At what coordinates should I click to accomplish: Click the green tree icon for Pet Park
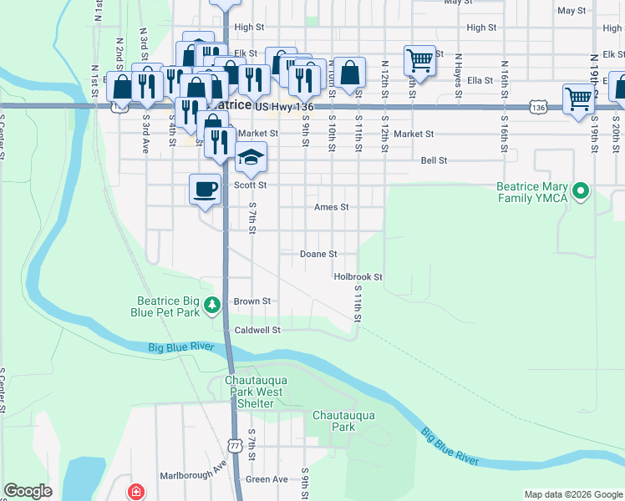click(x=214, y=305)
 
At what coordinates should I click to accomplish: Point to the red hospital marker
click(x=135, y=492)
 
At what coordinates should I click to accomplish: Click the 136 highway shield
click(x=538, y=108)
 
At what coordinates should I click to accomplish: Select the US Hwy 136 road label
click(x=284, y=107)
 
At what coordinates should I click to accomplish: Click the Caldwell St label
click(x=257, y=330)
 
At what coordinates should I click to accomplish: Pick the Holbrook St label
click(x=358, y=276)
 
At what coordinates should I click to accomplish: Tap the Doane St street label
click(x=318, y=254)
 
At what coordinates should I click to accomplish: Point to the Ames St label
click(x=331, y=207)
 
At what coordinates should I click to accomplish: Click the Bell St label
click(x=434, y=160)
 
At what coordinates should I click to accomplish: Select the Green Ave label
click(x=267, y=479)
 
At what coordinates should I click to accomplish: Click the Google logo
click(x=28, y=491)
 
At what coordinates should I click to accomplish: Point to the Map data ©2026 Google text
click(x=572, y=495)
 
